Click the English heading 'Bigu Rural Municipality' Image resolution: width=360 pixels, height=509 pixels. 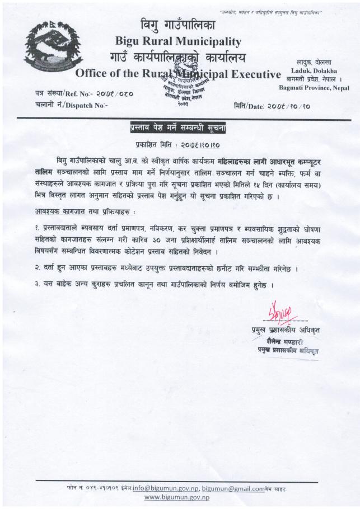tap(178, 41)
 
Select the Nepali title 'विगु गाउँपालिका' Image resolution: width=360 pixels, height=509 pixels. tap(178, 25)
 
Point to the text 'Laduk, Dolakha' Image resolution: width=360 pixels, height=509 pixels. tap(316, 71)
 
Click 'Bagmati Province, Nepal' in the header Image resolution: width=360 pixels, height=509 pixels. tap(314, 88)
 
